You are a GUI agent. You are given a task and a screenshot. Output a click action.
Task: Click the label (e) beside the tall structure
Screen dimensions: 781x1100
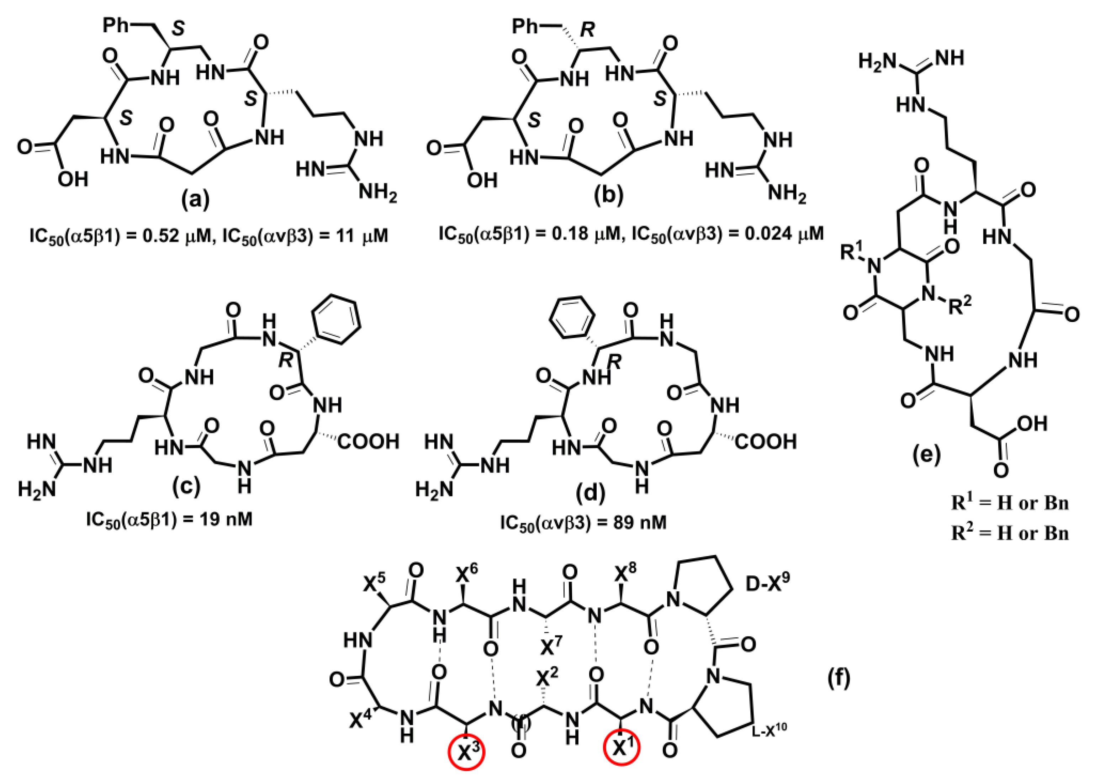pyautogui.click(x=926, y=454)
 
